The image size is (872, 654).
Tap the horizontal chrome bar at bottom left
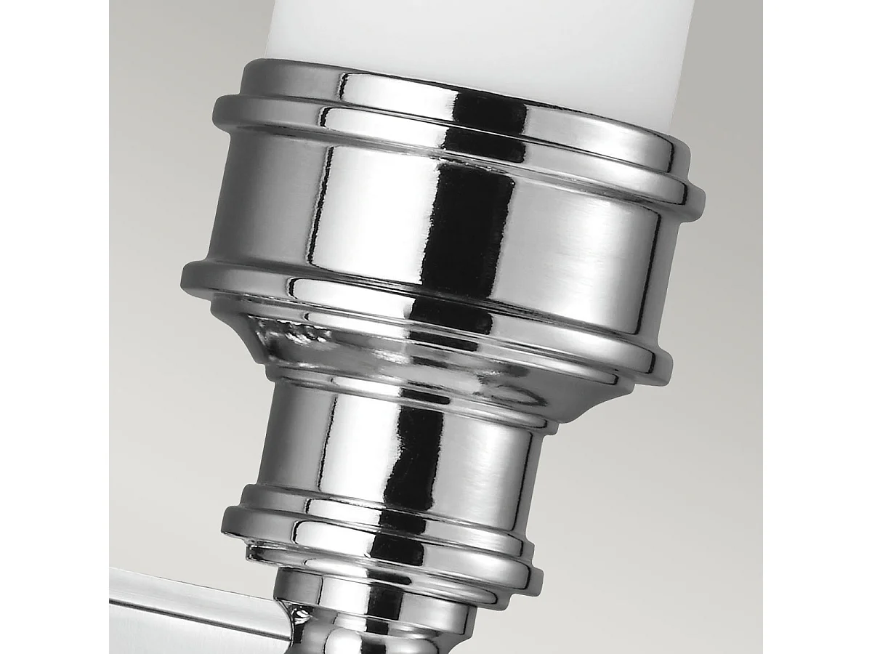tap(189, 610)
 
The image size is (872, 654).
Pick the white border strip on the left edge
tap(54, 327)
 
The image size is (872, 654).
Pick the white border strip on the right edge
tap(817, 327)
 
